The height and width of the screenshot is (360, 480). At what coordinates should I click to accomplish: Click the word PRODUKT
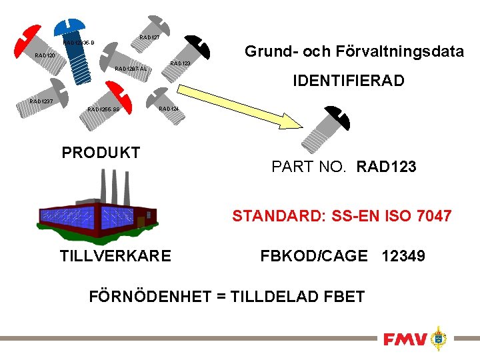(x=101, y=153)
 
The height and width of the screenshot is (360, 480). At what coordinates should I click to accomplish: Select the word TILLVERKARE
(x=115, y=256)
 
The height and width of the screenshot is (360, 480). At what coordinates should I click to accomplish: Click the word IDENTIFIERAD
(x=349, y=81)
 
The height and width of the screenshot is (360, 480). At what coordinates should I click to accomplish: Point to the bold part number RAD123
(x=387, y=167)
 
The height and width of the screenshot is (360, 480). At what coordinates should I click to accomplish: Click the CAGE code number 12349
(x=403, y=255)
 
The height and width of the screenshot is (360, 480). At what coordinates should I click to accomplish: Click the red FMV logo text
(x=405, y=339)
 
